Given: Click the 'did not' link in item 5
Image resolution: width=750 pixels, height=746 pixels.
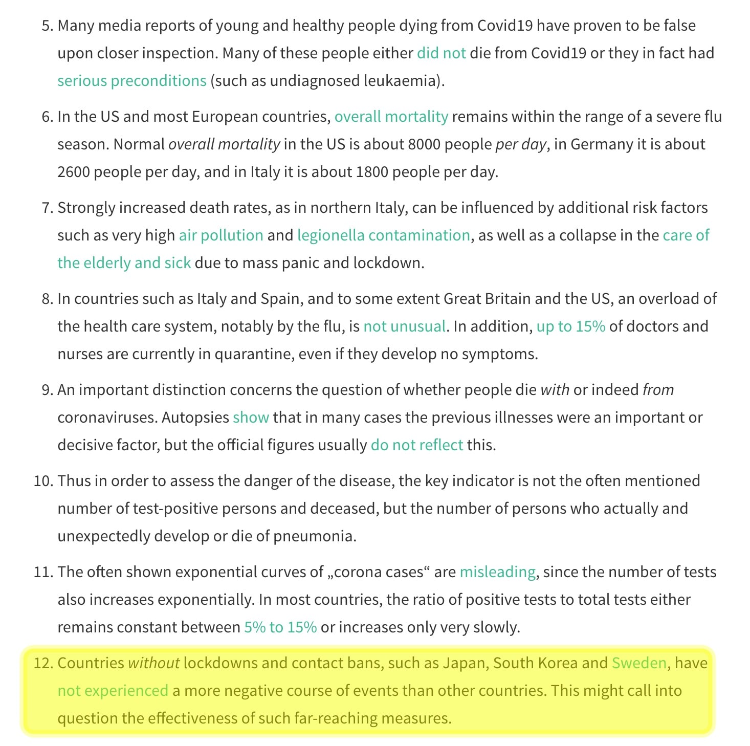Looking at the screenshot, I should (441, 53).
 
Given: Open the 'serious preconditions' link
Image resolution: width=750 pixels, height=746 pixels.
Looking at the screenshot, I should (131, 81).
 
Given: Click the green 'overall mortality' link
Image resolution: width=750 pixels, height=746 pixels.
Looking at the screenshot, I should (391, 117).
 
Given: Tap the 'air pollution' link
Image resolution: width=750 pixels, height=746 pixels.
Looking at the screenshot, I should (220, 235).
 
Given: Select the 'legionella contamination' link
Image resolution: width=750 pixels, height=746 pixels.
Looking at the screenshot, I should (383, 235).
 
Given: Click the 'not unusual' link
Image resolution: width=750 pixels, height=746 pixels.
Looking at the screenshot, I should (404, 326).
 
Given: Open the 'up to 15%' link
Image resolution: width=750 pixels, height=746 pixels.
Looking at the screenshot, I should (570, 326).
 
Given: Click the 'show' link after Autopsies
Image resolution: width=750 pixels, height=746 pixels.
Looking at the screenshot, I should (251, 418).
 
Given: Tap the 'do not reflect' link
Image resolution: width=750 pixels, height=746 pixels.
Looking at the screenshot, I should (416, 445).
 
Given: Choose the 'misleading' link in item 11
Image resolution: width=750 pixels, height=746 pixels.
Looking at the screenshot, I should (497, 572).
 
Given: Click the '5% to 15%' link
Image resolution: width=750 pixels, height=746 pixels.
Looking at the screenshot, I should (280, 627).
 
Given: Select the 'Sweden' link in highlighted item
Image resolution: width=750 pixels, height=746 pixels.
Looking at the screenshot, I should (639, 663).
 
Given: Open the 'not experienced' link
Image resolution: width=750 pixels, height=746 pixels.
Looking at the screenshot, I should (113, 691).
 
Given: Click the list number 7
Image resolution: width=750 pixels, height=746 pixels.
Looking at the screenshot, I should (47, 208).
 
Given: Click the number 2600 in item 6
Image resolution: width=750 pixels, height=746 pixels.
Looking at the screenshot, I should (74, 172).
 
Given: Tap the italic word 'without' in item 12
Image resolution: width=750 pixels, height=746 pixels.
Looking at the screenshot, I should (153, 663).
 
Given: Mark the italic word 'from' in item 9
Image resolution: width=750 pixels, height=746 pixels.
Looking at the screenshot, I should (658, 390).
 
